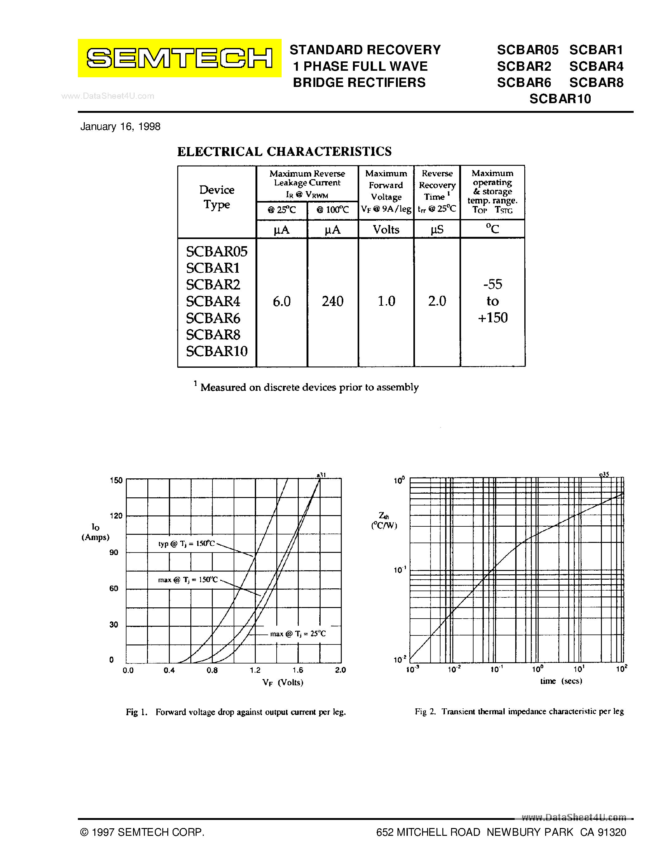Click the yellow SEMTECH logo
[179, 58]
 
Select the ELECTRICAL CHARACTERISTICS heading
[284, 151]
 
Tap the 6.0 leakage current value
[282, 301]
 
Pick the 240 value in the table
[333, 301]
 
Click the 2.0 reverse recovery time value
[437, 301]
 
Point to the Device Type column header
[217, 197]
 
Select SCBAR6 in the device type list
[213, 318]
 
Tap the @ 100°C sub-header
[333, 210]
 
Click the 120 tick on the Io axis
[116, 516]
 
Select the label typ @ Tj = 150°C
[187, 544]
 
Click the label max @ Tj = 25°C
[298, 634]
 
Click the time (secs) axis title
[561, 681]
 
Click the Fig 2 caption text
[519, 711]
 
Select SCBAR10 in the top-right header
[560, 99]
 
